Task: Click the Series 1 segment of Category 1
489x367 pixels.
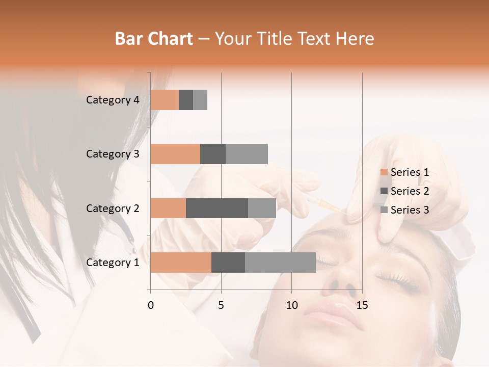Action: coord(181,263)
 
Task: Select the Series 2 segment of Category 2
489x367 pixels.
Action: coord(217,208)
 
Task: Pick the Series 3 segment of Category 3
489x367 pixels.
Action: coord(247,154)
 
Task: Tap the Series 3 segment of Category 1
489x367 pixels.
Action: coord(280,263)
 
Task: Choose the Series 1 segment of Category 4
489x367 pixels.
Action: coord(165,100)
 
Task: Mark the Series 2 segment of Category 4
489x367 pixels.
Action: coord(186,100)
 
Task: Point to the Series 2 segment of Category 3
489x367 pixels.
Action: coord(213,154)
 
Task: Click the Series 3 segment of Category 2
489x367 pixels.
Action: coord(262,208)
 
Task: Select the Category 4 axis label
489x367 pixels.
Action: coord(113,100)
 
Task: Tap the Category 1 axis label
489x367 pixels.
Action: coord(113,263)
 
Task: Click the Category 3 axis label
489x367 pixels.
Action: coord(113,154)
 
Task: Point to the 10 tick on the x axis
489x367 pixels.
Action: coord(291,305)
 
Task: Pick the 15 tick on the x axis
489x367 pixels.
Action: coord(362,305)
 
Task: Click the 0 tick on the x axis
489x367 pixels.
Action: coord(151,305)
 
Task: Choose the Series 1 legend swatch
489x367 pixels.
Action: coord(384,172)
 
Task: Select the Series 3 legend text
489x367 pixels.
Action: coord(410,210)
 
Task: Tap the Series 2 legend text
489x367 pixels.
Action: coord(410,191)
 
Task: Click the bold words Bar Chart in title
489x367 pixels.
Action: coord(154,39)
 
